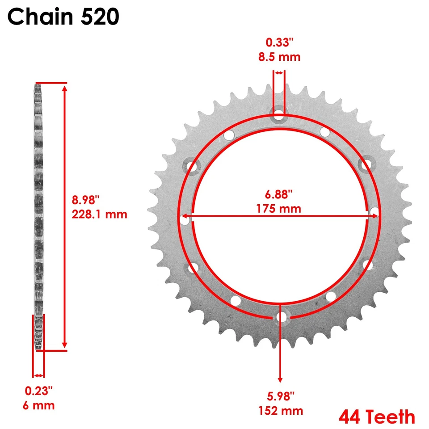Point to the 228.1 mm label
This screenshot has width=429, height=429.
click(100, 214)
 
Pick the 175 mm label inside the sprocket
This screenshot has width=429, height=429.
click(279, 208)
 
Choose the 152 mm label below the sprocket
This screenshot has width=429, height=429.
click(281, 411)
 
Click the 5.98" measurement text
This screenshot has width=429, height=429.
click(281, 396)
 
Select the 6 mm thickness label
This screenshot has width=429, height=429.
click(40, 405)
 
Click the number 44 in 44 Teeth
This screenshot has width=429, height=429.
click(350, 417)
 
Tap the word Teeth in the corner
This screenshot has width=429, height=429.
click(390, 417)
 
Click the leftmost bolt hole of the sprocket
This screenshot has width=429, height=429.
click(184, 219)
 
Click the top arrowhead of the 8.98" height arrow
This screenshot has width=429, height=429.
click(65, 89)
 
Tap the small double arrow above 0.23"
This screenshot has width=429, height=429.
click(39, 375)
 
